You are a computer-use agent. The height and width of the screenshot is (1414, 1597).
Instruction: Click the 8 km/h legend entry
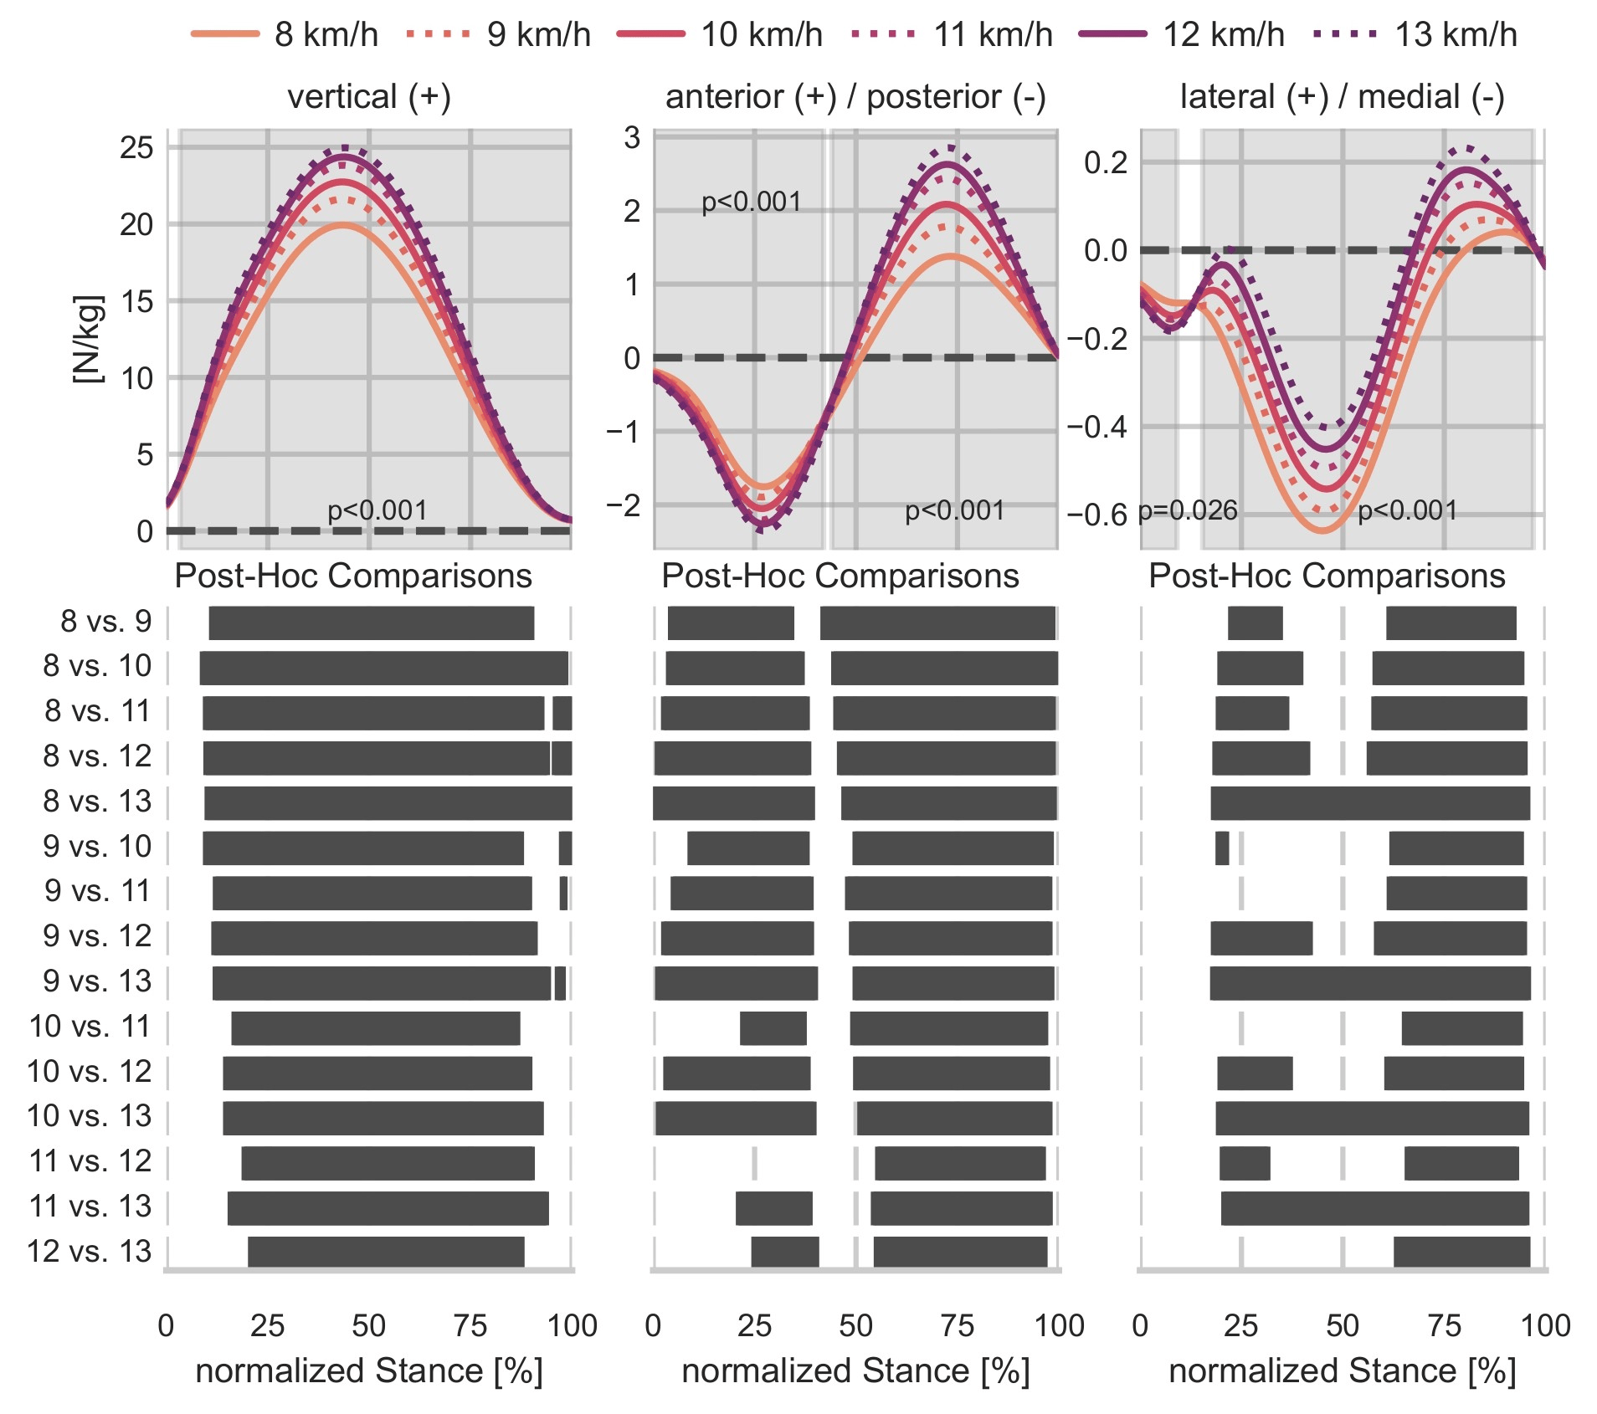285,34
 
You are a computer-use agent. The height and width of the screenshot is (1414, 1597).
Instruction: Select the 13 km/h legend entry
1415,34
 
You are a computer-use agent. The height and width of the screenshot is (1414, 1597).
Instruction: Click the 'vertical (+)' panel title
369,96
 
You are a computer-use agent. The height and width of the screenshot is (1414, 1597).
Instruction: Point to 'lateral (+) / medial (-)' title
1342,96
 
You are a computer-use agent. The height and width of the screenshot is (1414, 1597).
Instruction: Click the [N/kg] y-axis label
88,339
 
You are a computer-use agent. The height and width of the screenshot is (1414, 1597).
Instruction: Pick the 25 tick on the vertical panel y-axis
136,147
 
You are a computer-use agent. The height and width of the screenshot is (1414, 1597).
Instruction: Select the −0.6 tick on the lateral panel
1096,515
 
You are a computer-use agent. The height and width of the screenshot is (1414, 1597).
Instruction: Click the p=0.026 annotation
1188,510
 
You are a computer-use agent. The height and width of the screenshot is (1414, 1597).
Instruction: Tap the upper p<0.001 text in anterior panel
751,202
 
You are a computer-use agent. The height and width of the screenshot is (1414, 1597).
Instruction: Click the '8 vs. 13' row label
97,802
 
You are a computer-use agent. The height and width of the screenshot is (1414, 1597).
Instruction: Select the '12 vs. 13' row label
89,1252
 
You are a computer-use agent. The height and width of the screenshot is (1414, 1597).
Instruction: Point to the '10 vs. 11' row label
89,1027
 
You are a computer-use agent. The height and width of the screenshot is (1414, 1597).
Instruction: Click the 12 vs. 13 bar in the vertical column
386,1252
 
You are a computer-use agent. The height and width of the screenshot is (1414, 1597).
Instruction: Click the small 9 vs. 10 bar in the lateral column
1222,848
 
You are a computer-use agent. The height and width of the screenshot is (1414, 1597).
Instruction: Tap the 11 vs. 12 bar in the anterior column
960,1163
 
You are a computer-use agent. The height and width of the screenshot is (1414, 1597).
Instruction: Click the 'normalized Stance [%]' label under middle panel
855,1371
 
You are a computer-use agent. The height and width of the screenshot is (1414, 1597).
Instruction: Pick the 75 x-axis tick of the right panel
1444,1326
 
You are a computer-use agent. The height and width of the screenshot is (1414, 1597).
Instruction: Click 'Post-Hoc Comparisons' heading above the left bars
353,576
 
